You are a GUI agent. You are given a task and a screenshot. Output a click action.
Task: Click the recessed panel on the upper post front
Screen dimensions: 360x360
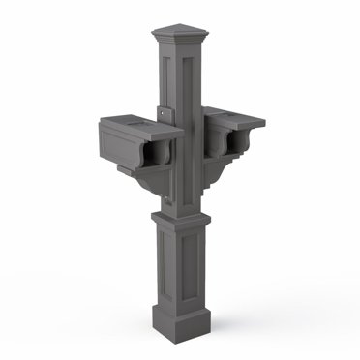pos(188,126)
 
